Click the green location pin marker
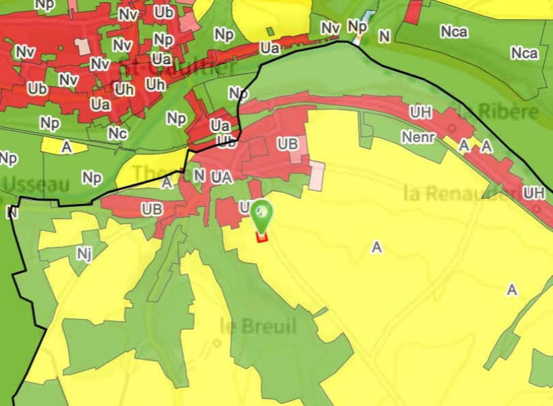point(261,214)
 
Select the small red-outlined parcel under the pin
point(261,237)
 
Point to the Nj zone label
point(84,255)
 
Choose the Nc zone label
point(117,134)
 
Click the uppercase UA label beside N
point(222,177)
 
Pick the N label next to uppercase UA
point(199,175)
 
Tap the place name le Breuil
point(259,326)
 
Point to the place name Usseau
point(37,184)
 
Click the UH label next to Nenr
point(420,111)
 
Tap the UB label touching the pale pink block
point(287,145)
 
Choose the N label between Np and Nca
point(385,35)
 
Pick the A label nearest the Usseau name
point(66,147)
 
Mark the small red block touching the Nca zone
point(413,12)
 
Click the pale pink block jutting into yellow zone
point(317,176)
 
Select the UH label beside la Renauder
point(534,193)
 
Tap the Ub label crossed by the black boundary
point(227,141)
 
